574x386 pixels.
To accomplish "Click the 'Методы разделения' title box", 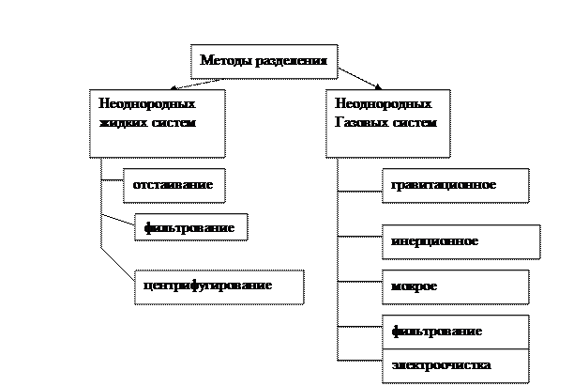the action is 264,62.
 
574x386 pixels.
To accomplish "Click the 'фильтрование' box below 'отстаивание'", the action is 190,226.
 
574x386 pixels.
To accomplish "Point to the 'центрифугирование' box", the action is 218,286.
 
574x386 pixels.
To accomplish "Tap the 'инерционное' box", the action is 461,241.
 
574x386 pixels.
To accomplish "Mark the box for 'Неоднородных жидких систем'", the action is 157,122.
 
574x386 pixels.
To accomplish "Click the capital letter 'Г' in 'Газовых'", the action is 339,122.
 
